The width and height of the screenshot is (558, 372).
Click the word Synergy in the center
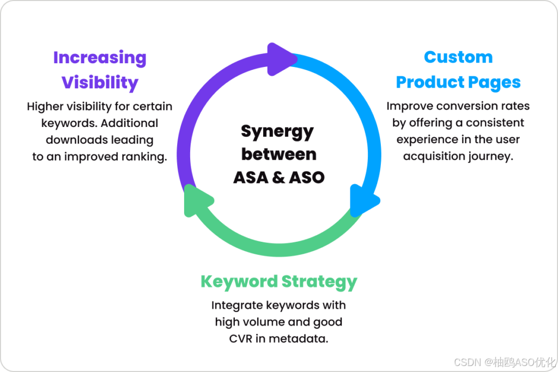(x=277, y=131)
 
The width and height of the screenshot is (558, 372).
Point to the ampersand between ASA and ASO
(x=278, y=177)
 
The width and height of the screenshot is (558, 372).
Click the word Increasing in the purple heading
(x=100, y=58)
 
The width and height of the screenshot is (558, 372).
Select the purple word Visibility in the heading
(x=100, y=82)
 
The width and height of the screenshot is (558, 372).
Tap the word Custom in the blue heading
(x=458, y=57)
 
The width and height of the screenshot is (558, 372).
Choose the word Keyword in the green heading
(x=238, y=282)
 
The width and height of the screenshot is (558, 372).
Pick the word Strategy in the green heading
(x=319, y=282)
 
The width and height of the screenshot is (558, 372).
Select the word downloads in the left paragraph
(x=71, y=140)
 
